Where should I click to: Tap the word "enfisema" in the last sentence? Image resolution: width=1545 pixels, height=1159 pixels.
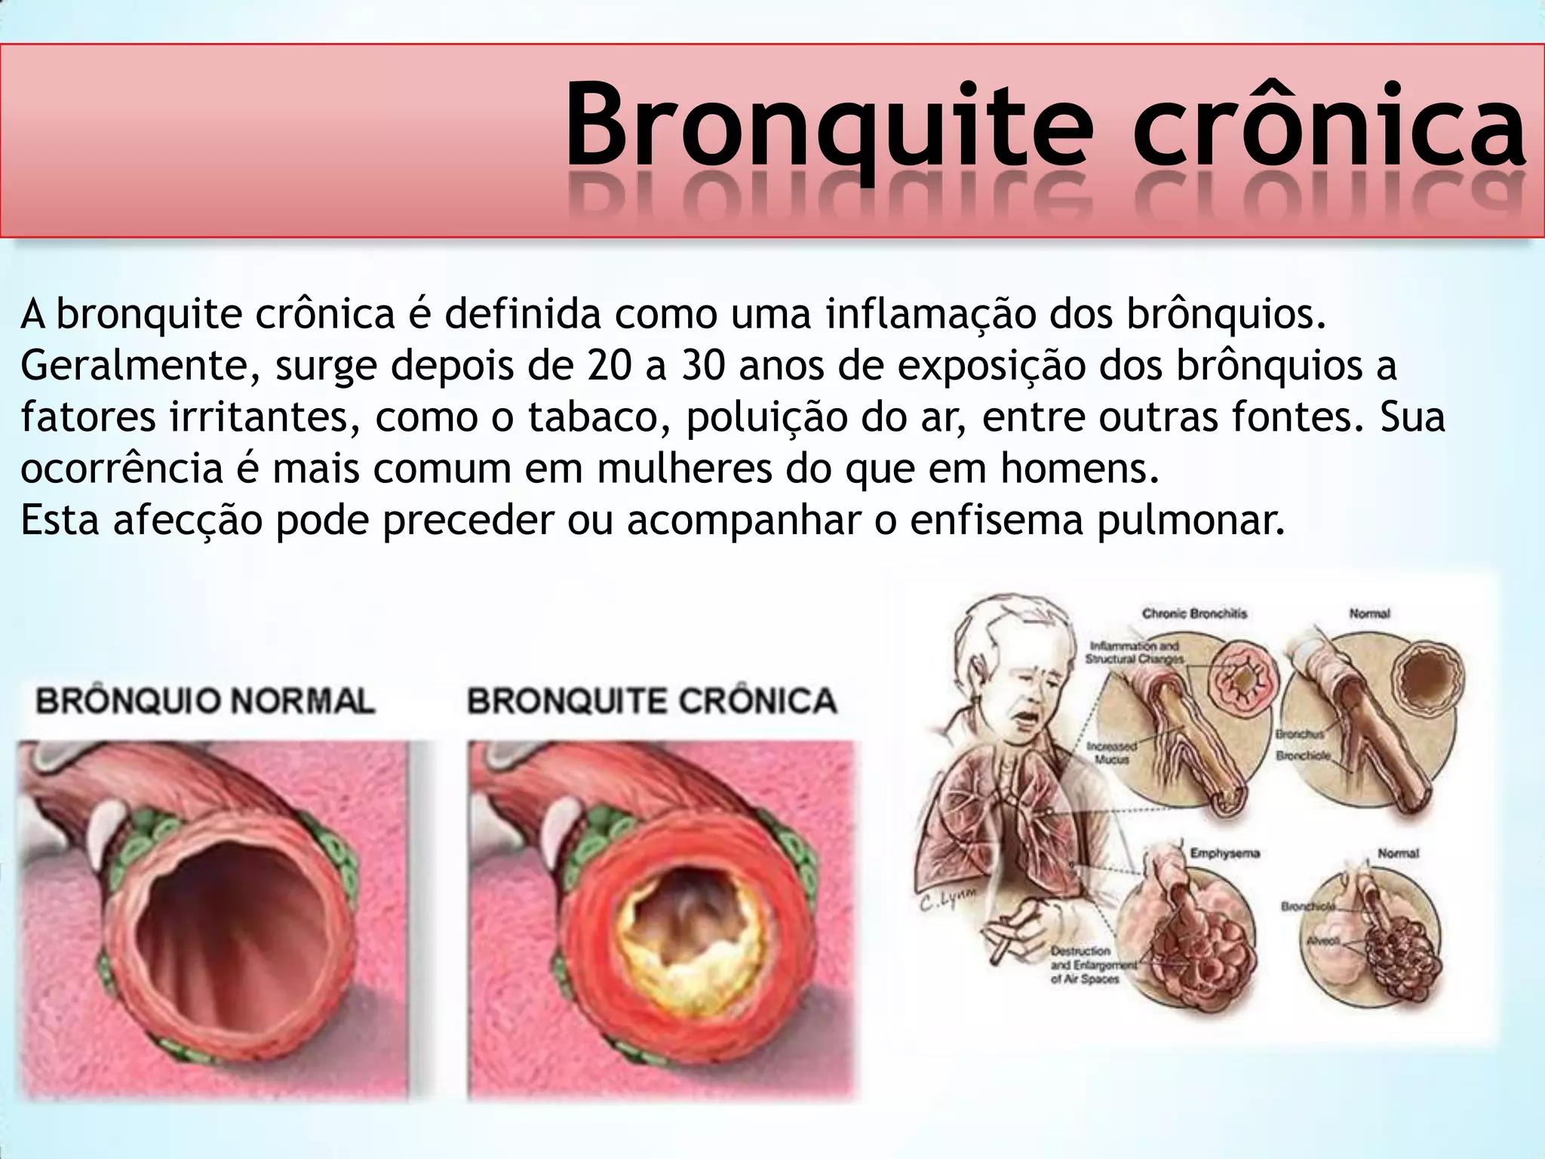click(995, 521)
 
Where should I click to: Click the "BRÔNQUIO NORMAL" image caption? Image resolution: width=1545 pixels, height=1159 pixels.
click(205, 701)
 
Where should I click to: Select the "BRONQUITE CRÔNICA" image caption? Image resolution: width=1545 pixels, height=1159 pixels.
click(653, 701)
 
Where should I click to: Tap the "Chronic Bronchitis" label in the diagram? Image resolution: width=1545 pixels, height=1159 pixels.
click(1194, 613)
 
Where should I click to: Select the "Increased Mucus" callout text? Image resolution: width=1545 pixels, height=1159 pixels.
click(1112, 752)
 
